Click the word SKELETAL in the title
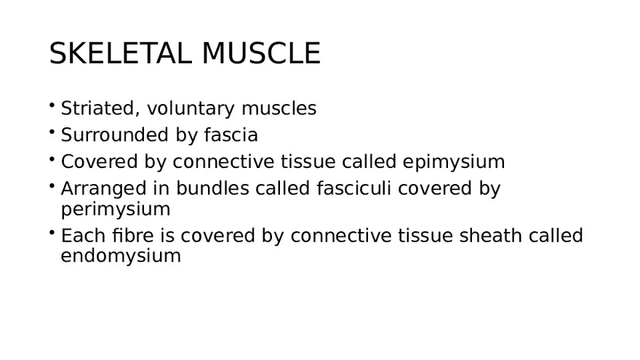point(121,54)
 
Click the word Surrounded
point(107,135)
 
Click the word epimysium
point(453,161)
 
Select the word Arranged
point(102,188)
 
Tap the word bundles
point(218,188)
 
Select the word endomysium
point(121,256)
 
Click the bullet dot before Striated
point(53,106)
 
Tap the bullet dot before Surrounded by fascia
point(53,132)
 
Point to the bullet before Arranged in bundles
point(53,185)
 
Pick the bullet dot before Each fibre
point(53,233)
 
